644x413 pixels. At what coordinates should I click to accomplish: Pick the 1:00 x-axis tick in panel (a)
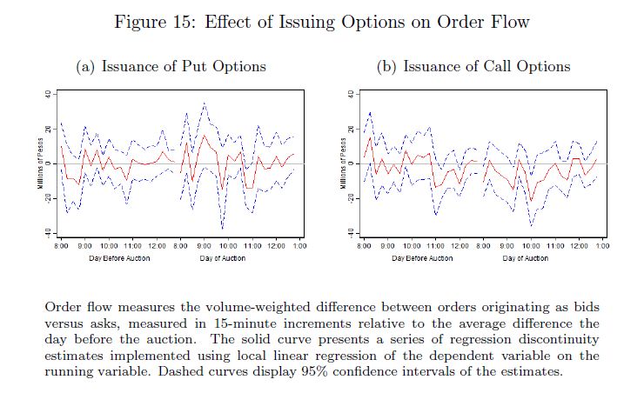(299, 247)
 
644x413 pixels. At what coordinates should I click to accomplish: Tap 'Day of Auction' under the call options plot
(521, 258)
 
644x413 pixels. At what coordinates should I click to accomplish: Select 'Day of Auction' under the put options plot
(222, 258)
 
